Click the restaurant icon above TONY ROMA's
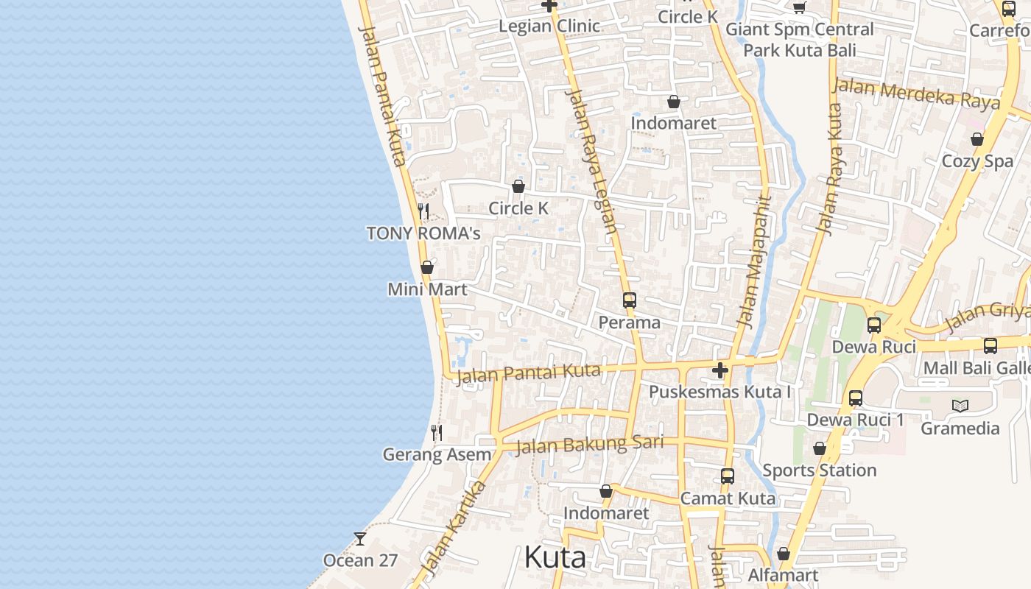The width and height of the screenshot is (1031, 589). (x=423, y=211)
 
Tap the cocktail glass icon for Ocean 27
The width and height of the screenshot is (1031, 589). (x=360, y=539)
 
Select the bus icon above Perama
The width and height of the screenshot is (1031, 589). (x=629, y=300)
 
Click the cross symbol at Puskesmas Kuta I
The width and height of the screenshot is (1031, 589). (x=720, y=370)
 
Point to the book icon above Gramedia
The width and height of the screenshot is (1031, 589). (x=960, y=406)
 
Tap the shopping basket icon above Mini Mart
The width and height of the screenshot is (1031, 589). (x=427, y=267)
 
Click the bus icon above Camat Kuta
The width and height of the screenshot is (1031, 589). (x=728, y=476)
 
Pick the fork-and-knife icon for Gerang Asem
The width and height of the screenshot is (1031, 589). (x=437, y=433)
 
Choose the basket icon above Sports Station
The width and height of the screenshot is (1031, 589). (x=820, y=448)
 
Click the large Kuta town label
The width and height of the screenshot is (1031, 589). (x=555, y=557)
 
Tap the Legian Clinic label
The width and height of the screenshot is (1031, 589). (x=549, y=27)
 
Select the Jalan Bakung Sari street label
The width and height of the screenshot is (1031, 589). (x=589, y=445)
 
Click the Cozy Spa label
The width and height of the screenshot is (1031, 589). (x=977, y=161)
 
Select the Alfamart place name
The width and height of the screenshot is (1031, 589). (x=783, y=575)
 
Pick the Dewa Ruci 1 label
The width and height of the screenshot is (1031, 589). (x=856, y=420)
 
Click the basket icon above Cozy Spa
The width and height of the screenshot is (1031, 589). (x=977, y=139)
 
